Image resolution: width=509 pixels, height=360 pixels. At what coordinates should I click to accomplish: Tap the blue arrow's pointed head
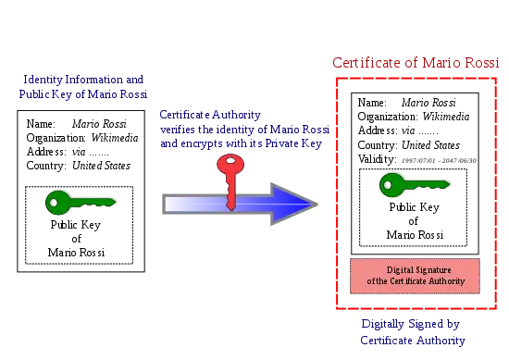pyautogui.click(x=317, y=205)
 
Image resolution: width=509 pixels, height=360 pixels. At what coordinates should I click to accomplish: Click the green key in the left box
pyautogui.click(x=81, y=203)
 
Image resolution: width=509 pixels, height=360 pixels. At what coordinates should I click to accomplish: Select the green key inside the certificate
pyautogui.click(x=415, y=185)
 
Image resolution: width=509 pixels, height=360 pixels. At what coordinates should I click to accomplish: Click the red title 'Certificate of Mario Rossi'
pyautogui.click(x=416, y=63)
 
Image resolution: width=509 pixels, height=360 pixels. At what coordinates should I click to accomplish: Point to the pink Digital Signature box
pyautogui.click(x=415, y=276)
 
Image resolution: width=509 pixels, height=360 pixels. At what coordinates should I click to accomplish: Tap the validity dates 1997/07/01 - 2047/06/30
pyautogui.click(x=439, y=160)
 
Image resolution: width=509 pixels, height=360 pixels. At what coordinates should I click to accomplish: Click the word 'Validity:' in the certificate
pyautogui.click(x=377, y=159)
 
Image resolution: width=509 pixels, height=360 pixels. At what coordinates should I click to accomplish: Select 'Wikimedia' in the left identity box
pyautogui.click(x=115, y=138)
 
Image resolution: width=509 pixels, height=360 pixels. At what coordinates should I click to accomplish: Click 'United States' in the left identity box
pyautogui.click(x=101, y=166)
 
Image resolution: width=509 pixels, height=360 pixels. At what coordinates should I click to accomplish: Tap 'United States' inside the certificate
pyautogui.click(x=430, y=145)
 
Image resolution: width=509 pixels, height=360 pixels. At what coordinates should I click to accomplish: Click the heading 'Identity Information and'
pyautogui.click(x=83, y=80)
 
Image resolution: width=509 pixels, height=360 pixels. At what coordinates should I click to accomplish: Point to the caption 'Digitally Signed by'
pyautogui.click(x=411, y=324)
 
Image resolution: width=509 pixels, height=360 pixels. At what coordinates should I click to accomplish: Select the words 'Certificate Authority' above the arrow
pyautogui.click(x=210, y=115)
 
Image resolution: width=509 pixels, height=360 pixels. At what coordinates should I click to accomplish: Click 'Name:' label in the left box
pyautogui.click(x=41, y=124)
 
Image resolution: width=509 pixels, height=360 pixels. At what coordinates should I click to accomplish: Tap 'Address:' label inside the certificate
pyautogui.click(x=378, y=130)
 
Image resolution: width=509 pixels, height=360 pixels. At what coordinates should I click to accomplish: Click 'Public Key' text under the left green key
pyautogui.click(x=76, y=225)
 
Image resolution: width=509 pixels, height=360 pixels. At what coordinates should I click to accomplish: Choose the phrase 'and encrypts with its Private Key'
pyautogui.click(x=241, y=143)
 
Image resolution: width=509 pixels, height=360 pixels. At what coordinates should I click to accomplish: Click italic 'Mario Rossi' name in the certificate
pyautogui.click(x=428, y=103)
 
